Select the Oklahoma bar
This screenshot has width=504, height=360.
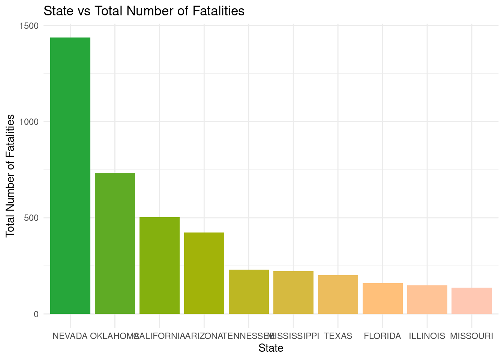click(115, 243)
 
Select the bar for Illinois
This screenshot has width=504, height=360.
click(427, 300)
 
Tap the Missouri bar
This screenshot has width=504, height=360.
click(472, 301)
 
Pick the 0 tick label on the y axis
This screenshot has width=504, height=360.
click(36, 314)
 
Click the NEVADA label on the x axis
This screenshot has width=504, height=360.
click(70, 336)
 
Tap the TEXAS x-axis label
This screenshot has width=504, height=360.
click(338, 336)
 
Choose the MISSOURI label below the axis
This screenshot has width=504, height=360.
click(472, 336)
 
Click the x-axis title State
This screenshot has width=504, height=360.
click(271, 348)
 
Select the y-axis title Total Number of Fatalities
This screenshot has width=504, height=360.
click(10, 175)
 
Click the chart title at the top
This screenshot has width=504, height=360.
click(144, 11)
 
